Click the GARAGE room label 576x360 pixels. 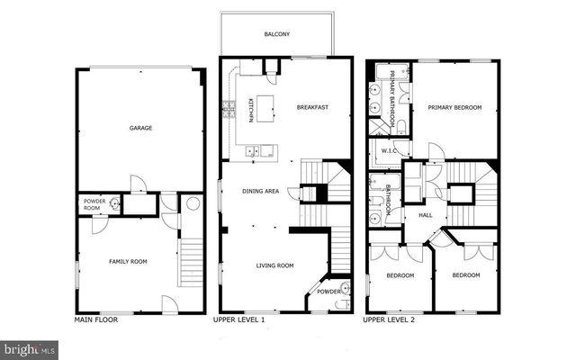point(139,128)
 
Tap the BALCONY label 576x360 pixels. point(276,34)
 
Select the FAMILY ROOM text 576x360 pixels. point(129,262)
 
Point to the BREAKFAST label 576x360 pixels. point(312,107)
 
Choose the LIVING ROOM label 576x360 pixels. point(275,265)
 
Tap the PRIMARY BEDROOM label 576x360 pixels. point(454,107)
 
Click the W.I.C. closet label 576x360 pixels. point(390,150)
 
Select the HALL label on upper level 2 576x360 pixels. point(426,215)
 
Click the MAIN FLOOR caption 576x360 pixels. point(96,319)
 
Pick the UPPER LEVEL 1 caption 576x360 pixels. point(238,319)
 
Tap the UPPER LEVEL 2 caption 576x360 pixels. point(390,319)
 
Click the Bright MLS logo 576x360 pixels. point(30,347)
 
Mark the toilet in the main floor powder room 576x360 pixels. point(114,204)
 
